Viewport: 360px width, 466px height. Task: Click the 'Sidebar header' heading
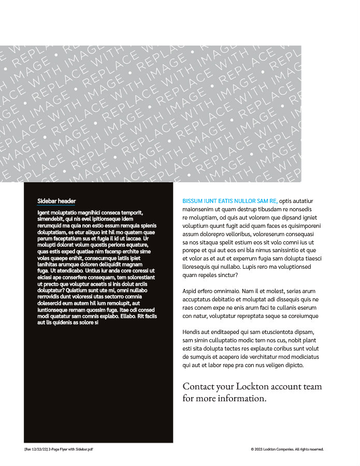click(x=56, y=201)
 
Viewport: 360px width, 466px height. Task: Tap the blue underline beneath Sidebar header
click(x=56, y=206)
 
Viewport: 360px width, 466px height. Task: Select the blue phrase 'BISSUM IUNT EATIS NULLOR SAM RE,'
click(x=230, y=201)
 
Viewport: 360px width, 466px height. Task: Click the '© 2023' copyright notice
click(x=256, y=449)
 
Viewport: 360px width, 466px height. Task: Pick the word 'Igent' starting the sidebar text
click(x=44, y=212)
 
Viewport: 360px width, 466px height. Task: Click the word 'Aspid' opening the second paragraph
click(x=191, y=291)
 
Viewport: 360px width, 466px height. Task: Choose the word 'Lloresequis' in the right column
click(x=198, y=267)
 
